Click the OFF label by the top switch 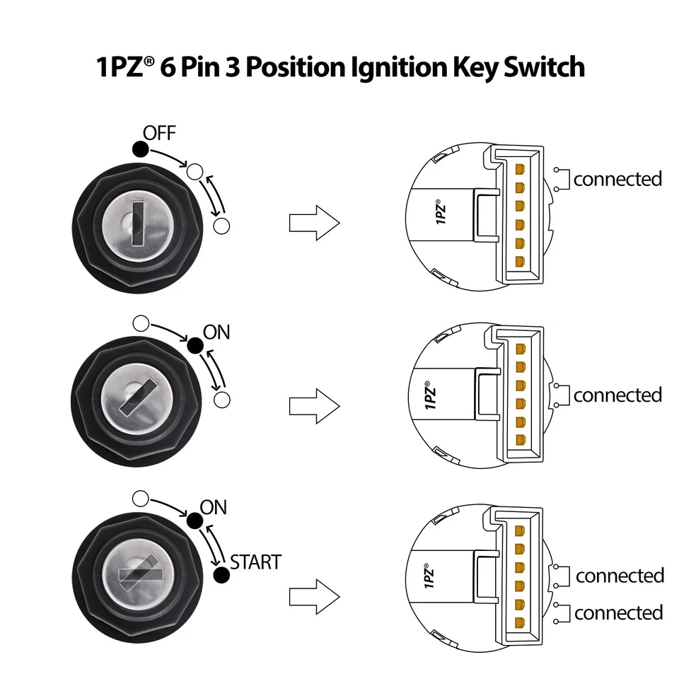pos(159,132)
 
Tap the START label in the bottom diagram pos(255,562)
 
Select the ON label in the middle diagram pos(216,332)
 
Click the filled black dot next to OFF pos(140,149)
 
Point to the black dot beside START pos(222,576)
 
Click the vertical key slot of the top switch pos(138,223)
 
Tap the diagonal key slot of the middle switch pos(138,397)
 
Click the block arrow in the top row pos(315,223)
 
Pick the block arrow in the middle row pos(315,406)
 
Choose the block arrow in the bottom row pos(315,588)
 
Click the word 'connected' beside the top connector pos(617,179)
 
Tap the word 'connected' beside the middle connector pos(617,395)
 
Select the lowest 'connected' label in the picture pos(619,613)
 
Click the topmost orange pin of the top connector pos(520,170)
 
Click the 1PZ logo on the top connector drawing pos(441,211)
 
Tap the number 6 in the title pos(168,67)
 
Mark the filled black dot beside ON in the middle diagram pos(195,345)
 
